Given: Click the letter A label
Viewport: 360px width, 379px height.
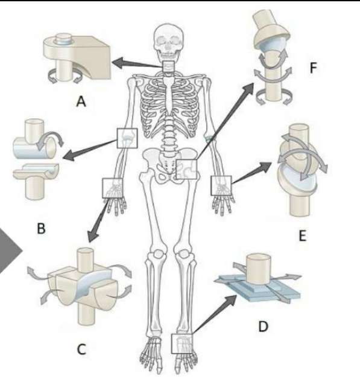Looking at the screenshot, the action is (x=81, y=101).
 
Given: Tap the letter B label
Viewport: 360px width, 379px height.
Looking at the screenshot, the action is (x=41, y=228).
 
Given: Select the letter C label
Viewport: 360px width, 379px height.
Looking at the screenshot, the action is (x=81, y=349).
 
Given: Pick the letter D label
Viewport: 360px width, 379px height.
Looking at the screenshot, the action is (x=263, y=326).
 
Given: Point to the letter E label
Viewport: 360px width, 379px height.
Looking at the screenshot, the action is (x=303, y=235).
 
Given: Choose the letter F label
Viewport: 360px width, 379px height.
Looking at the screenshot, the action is (x=313, y=68).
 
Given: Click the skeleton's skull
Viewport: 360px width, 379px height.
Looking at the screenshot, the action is (x=168, y=41).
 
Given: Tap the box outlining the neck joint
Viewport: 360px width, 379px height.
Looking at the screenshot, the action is (x=168, y=66).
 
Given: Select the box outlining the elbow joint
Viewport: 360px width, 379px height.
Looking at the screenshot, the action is (x=127, y=138).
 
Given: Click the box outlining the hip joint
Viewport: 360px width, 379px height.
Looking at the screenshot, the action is (x=187, y=170).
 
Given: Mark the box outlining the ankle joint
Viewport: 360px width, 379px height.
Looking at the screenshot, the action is (x=182, y=344).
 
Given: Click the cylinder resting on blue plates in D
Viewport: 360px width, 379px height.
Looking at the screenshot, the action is (x=258, y=269).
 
